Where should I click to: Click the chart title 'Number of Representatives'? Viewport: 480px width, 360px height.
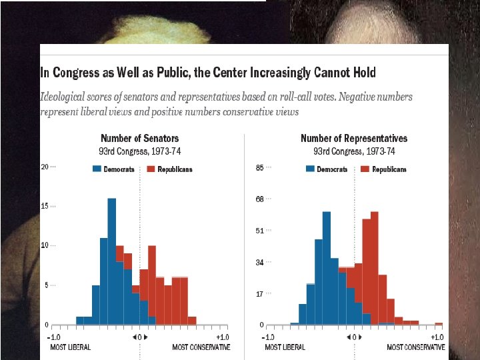pyautogui.click(x=354, y=139)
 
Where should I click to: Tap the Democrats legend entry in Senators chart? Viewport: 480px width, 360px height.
pyautogui.click(x=114, y=169)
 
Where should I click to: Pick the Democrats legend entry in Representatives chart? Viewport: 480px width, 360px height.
pyautogui.click(x=327, y=169)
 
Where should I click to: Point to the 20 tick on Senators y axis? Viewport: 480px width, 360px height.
pyautogui.click(x=45, y=167)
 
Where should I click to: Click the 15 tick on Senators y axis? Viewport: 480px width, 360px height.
pyautogui.click(x=45, y=206)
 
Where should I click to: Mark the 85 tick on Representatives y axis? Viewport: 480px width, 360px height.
pyautogui.click(x=260, y=167)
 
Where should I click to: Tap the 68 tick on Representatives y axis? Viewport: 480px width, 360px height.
pyautogui.click(x=260, y=199)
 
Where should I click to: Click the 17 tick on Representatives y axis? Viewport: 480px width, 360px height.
pyautogui.click(x=260, y=293)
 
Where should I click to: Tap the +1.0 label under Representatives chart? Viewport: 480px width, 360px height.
pyautogui.click(x=437, y=337)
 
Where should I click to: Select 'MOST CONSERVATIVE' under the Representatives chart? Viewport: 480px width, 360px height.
pyautogui.click(x=416, y=347)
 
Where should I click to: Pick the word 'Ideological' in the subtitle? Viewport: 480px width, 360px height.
pyautogui.click(x=67, y=97)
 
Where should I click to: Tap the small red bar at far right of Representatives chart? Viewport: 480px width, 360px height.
pyautogui.click(x=439, y=324)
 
